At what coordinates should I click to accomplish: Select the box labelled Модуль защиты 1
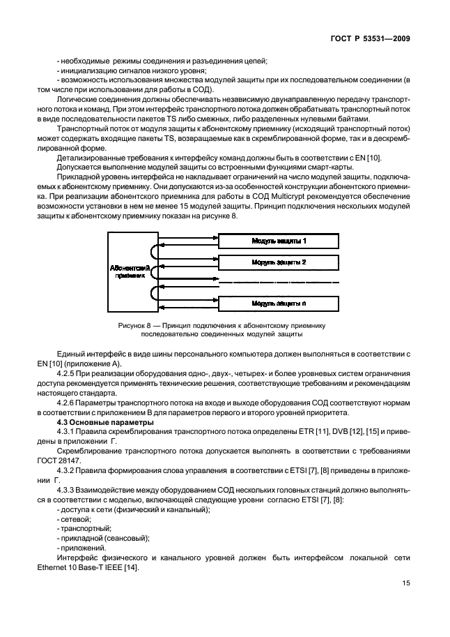coord(279,241)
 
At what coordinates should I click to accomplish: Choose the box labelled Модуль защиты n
coord(279,303)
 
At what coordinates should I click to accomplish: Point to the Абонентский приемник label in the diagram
coord(127,271)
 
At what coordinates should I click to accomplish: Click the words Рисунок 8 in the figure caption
coord(137,326)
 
